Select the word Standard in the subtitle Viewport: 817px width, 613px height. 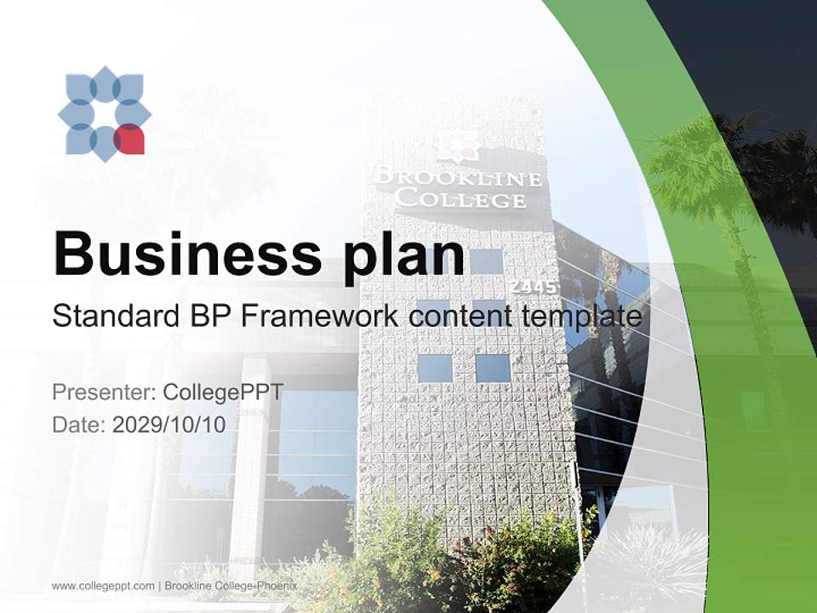click(111, 316)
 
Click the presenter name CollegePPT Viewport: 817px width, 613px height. click(222, 392)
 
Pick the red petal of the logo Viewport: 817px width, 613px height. click(129, 140)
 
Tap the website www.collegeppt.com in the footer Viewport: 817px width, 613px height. click(103, 586)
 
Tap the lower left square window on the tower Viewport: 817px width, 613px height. click(435, 368)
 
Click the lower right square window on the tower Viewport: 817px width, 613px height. click(493, 368)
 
